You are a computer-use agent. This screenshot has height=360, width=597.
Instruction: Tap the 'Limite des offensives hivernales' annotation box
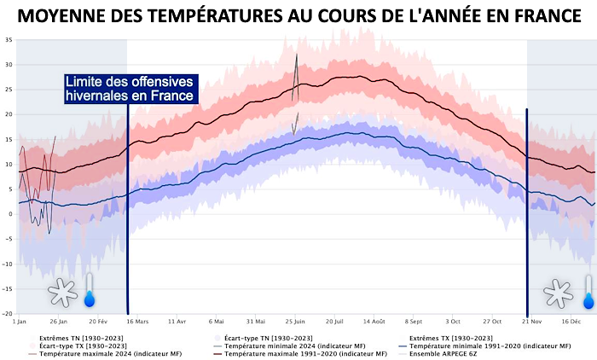coord(130,89)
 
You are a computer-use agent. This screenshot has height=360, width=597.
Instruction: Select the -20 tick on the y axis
coord(8,313)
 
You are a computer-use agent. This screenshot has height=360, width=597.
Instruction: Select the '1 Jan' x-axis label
coord(20,322)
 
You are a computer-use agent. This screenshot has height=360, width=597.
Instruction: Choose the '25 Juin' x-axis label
coord(295,322)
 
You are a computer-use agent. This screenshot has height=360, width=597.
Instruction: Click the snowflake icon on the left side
coord(62,293)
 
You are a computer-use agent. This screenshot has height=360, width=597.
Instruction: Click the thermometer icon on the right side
coord(588,291)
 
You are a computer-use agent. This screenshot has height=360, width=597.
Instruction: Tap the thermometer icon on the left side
coord(90,291)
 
